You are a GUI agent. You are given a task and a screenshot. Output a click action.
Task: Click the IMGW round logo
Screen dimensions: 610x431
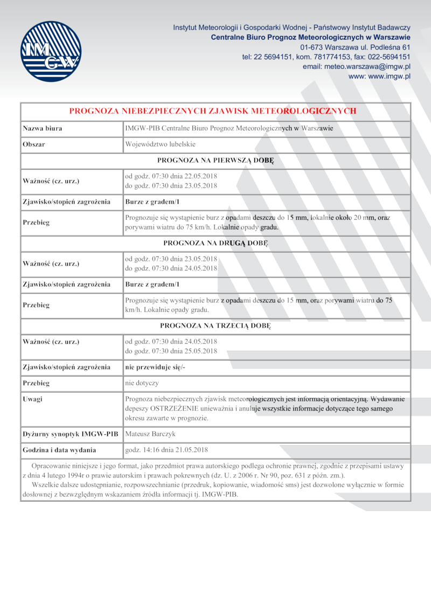pos(50,51)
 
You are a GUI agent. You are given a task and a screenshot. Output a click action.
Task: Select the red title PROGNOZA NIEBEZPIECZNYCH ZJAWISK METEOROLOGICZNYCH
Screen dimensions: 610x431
pos(213,111)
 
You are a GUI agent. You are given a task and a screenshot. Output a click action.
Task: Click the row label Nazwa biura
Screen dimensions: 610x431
pos(42,129)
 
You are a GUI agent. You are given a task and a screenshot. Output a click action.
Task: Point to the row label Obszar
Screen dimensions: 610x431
pos(34,144)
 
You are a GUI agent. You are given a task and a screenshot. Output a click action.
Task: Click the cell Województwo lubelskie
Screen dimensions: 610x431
pos(160,144)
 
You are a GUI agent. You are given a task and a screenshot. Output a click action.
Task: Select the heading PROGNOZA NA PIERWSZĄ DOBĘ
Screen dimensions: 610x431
pos(215,160)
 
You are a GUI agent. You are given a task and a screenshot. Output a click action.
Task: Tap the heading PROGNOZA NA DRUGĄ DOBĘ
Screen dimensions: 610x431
pos(215,242)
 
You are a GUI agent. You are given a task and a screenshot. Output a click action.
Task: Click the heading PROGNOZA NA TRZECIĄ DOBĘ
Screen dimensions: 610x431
pos(215,325)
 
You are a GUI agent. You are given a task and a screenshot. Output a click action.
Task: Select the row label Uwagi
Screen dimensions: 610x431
pos(32,399)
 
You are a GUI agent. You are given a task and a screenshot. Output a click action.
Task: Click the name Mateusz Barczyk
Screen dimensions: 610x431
pos(150,434)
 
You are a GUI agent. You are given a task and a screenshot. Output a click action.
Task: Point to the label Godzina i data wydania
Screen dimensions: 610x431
pos(59,450)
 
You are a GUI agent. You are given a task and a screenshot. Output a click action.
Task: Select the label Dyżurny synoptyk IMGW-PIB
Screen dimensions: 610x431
pos(70,434)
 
